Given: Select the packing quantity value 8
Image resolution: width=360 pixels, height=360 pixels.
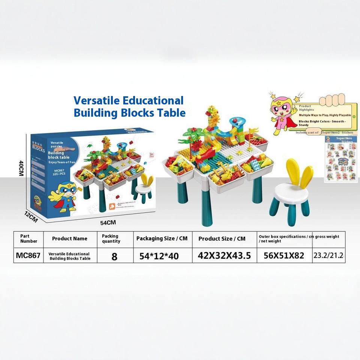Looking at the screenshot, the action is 114,256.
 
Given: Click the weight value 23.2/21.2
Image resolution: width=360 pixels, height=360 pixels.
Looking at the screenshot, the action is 329,256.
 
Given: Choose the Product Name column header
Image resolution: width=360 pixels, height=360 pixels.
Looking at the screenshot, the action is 70,238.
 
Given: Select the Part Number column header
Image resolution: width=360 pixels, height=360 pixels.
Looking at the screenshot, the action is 28,238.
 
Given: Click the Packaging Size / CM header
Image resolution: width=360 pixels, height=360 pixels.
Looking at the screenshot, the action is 162,238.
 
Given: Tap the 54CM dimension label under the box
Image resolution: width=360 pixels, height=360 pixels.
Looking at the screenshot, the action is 108,222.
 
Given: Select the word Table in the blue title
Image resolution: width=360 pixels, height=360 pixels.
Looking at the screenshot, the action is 171,112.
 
